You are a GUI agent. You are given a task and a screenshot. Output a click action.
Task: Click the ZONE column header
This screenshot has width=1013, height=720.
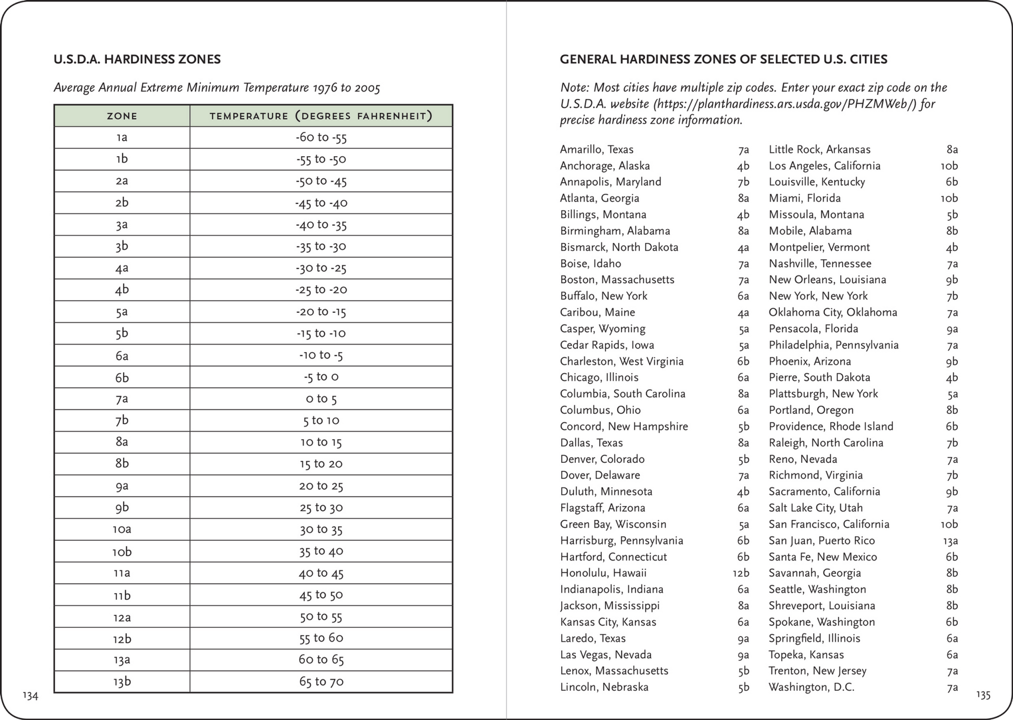click(122, 116)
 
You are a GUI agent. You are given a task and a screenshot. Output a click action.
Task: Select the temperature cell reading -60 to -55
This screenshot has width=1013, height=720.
click(321, 137)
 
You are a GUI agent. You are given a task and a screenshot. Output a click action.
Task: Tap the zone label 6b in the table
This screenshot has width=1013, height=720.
click(122, 377)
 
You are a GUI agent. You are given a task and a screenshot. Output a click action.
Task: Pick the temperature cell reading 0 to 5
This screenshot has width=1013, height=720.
click(321, 399)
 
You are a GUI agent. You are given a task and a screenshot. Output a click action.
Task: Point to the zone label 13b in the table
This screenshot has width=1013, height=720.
click(122, 681)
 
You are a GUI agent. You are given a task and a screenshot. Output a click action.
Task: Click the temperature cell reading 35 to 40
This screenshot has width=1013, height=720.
click(321, 551)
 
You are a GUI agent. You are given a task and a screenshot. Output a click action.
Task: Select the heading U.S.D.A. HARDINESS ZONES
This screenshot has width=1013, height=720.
click(137, 59)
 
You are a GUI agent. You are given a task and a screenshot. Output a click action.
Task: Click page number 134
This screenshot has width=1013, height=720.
click(30, 695)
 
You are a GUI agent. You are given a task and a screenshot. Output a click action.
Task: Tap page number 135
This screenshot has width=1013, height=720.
click(983, 694)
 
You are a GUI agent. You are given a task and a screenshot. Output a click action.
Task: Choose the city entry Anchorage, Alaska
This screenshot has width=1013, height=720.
click(604, 166)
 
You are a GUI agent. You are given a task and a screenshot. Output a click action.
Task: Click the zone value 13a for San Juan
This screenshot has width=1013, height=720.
click(950, 540)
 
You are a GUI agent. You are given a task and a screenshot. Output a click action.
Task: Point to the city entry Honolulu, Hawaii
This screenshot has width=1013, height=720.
click(603, 573)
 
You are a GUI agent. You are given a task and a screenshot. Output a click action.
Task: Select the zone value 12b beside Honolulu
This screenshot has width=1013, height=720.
click(741, 573)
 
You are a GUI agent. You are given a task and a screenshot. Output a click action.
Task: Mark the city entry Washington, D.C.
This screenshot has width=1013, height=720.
click(811, 687)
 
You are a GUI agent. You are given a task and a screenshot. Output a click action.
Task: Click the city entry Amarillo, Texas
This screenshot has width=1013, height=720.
click(597, 149)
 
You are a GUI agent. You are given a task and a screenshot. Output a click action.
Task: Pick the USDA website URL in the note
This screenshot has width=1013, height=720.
click(784, 104)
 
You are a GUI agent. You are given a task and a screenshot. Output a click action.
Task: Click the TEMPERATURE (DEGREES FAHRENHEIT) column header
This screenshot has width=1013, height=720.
click(321, 116)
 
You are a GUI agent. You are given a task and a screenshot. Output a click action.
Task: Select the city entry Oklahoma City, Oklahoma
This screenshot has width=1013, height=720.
click(833, 312)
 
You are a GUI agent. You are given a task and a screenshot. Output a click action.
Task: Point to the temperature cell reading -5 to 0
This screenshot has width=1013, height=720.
click(321, 377)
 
